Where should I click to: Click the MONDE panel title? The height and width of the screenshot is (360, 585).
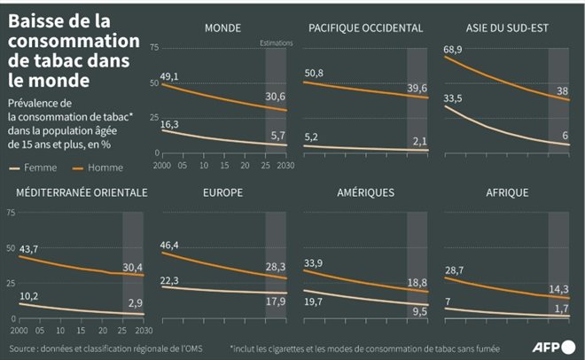222,27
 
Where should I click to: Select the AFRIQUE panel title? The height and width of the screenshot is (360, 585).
507,192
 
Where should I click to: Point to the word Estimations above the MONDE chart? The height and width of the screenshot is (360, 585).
276,43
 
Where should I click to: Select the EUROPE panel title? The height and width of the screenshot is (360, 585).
222,192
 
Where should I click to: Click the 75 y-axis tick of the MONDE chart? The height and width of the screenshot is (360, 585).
154,44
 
